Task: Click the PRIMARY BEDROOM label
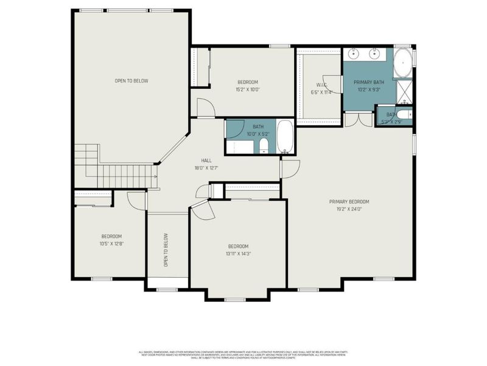pyautogui.click(x=349, y=202)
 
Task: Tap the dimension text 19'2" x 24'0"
pyautogui.click(x=349, y=209)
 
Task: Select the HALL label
pyautogui.click(x=206, y=160)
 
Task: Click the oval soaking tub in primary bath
pyautogui.click(x=402, y=64)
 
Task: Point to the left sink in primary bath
pyautogui.click(x=355, y=54)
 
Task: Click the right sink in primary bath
pyautogui.click(x=374, y=54)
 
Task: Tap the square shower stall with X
pyautogui.click(x=404, y=92)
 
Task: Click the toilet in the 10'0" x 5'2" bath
pyautogui.click(x=264, y=145)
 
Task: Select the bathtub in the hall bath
pyautogui.click(x=286, y=137)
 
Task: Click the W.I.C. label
pyautogui.click(x=322, y=85)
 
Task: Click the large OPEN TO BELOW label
pyautogui.click(x=131, y=81)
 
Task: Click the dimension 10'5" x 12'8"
pyautogui.click(x=111, y=243)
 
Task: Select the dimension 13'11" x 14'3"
pyautogui.click(x=238, y=253)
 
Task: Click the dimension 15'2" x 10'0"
pyautogui.click(x=247, y=89)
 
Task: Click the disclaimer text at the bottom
pyautogui.click(x=243, y=354)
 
